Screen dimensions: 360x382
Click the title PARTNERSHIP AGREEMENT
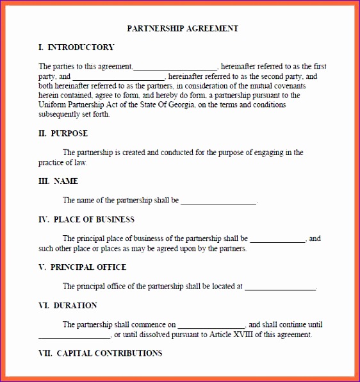coord(183,28)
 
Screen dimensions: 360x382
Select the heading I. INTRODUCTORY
coord(76,47)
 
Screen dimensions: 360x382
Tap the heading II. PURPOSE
coord(63,133)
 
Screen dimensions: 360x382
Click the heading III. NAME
coord(58,181)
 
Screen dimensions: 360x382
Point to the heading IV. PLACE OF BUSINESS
coord(86,219)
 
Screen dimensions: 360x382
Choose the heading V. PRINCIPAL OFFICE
coord(83,267)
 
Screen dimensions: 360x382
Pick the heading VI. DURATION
coord(68,305)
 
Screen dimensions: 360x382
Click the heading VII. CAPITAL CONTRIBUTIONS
coord(101,353)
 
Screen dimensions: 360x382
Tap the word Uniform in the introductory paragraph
coord(52,105)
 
